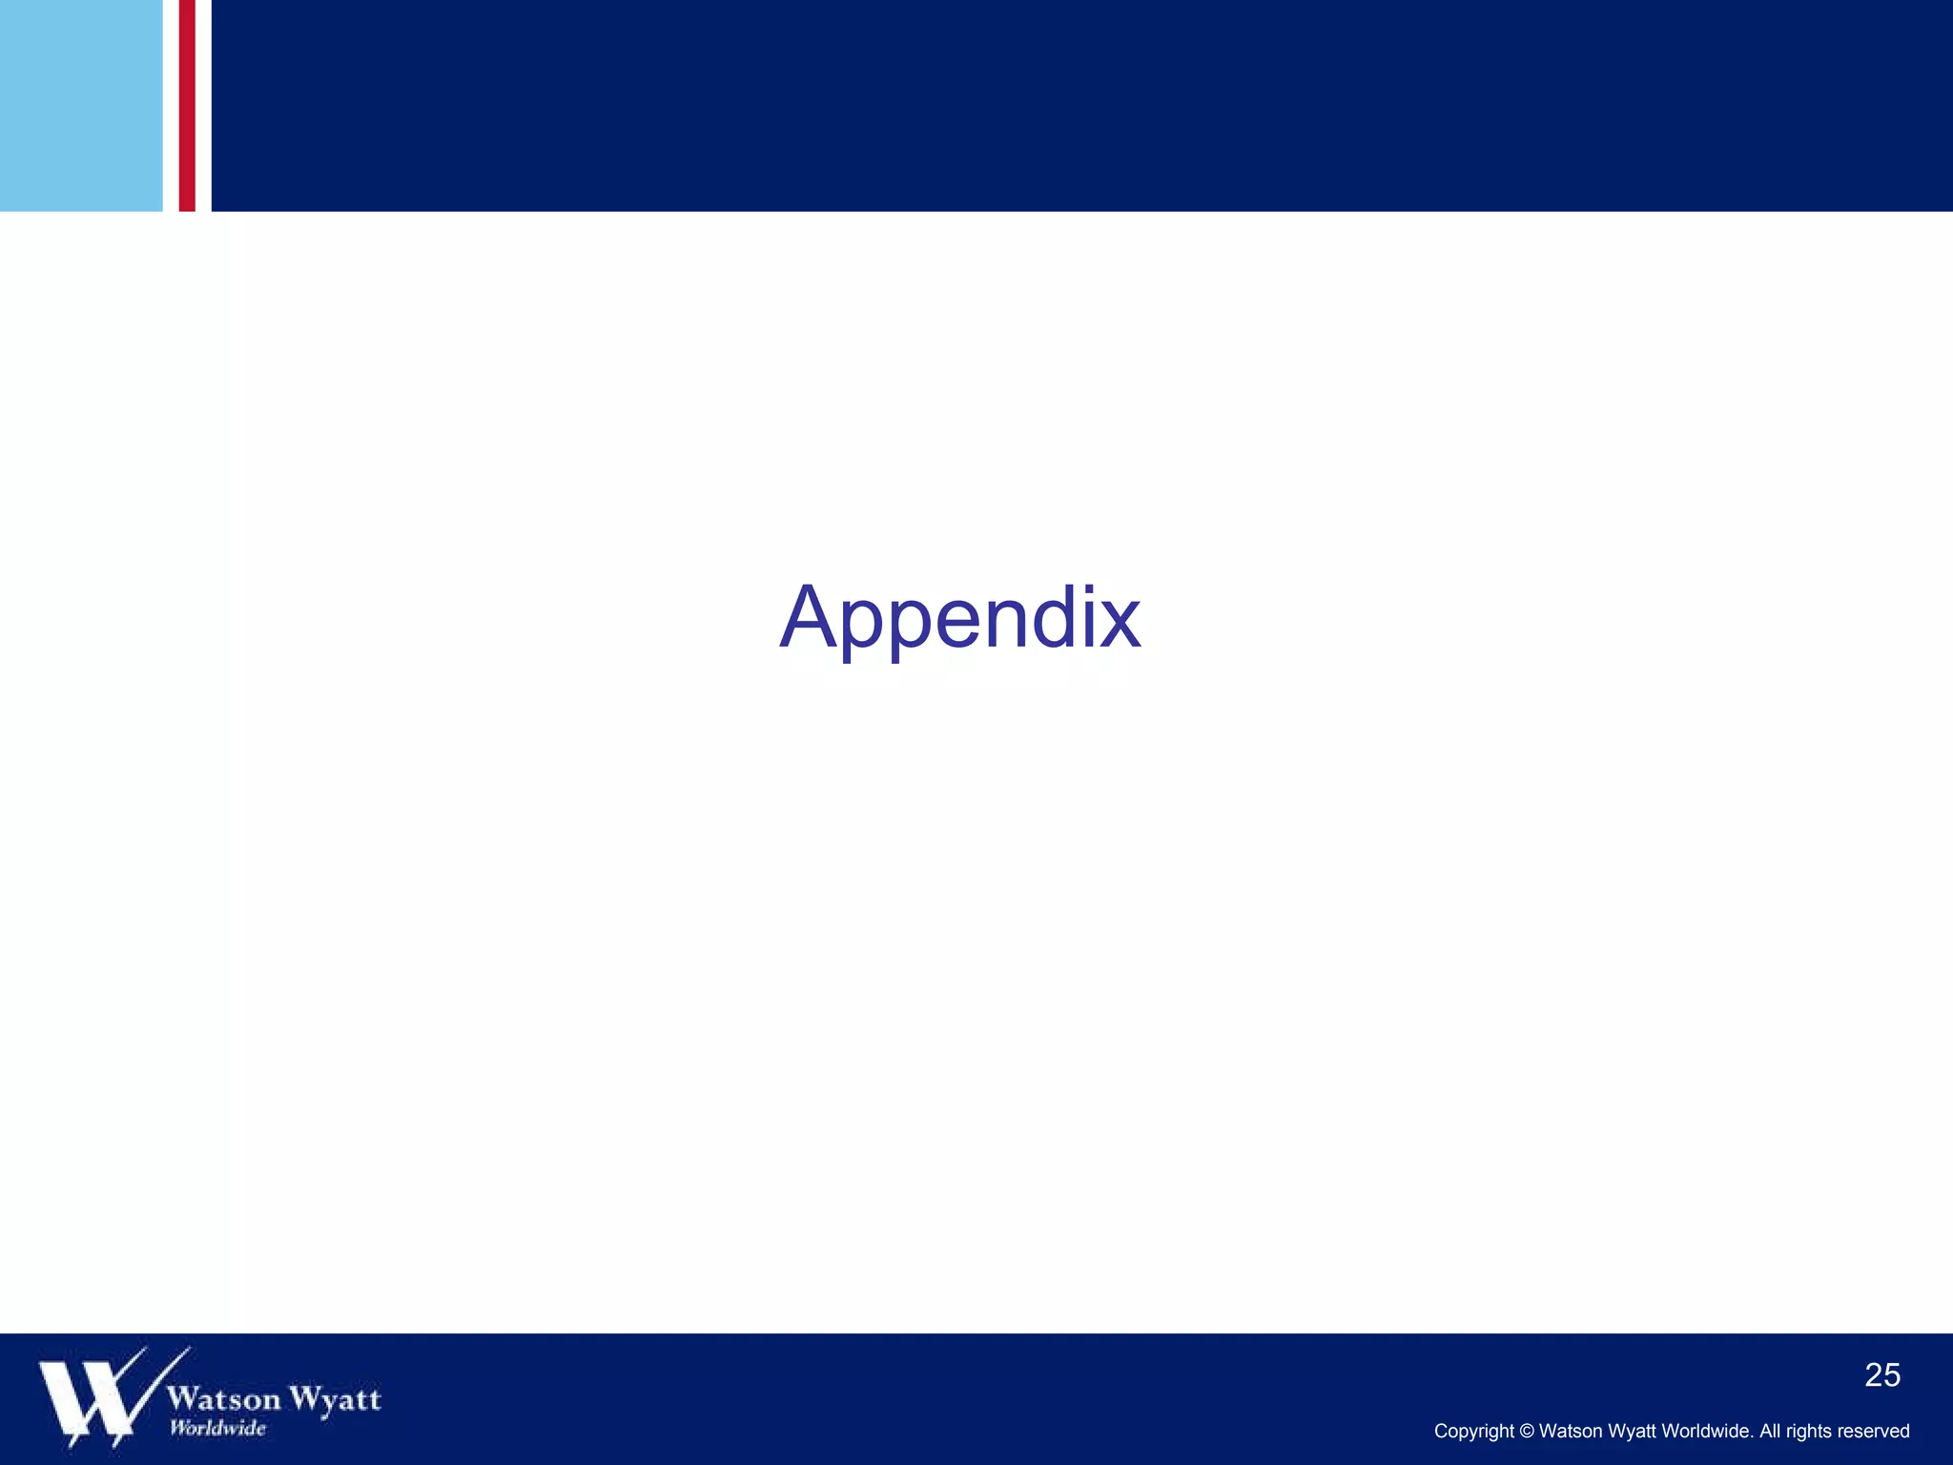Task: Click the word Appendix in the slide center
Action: (960, 618)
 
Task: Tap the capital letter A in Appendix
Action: (812, 617)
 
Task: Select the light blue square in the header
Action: (81, 105)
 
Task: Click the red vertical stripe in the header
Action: (187, 105)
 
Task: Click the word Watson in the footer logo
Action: (224, 1398)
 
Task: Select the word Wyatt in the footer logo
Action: (335, 1398)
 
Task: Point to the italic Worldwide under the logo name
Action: (218, 1428)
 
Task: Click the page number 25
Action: (1881, 1375)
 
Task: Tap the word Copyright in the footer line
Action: (1473, 1432)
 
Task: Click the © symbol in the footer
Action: (1527, 1432)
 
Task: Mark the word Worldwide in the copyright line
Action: (1706, 1432)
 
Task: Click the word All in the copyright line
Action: (1770, 1432)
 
